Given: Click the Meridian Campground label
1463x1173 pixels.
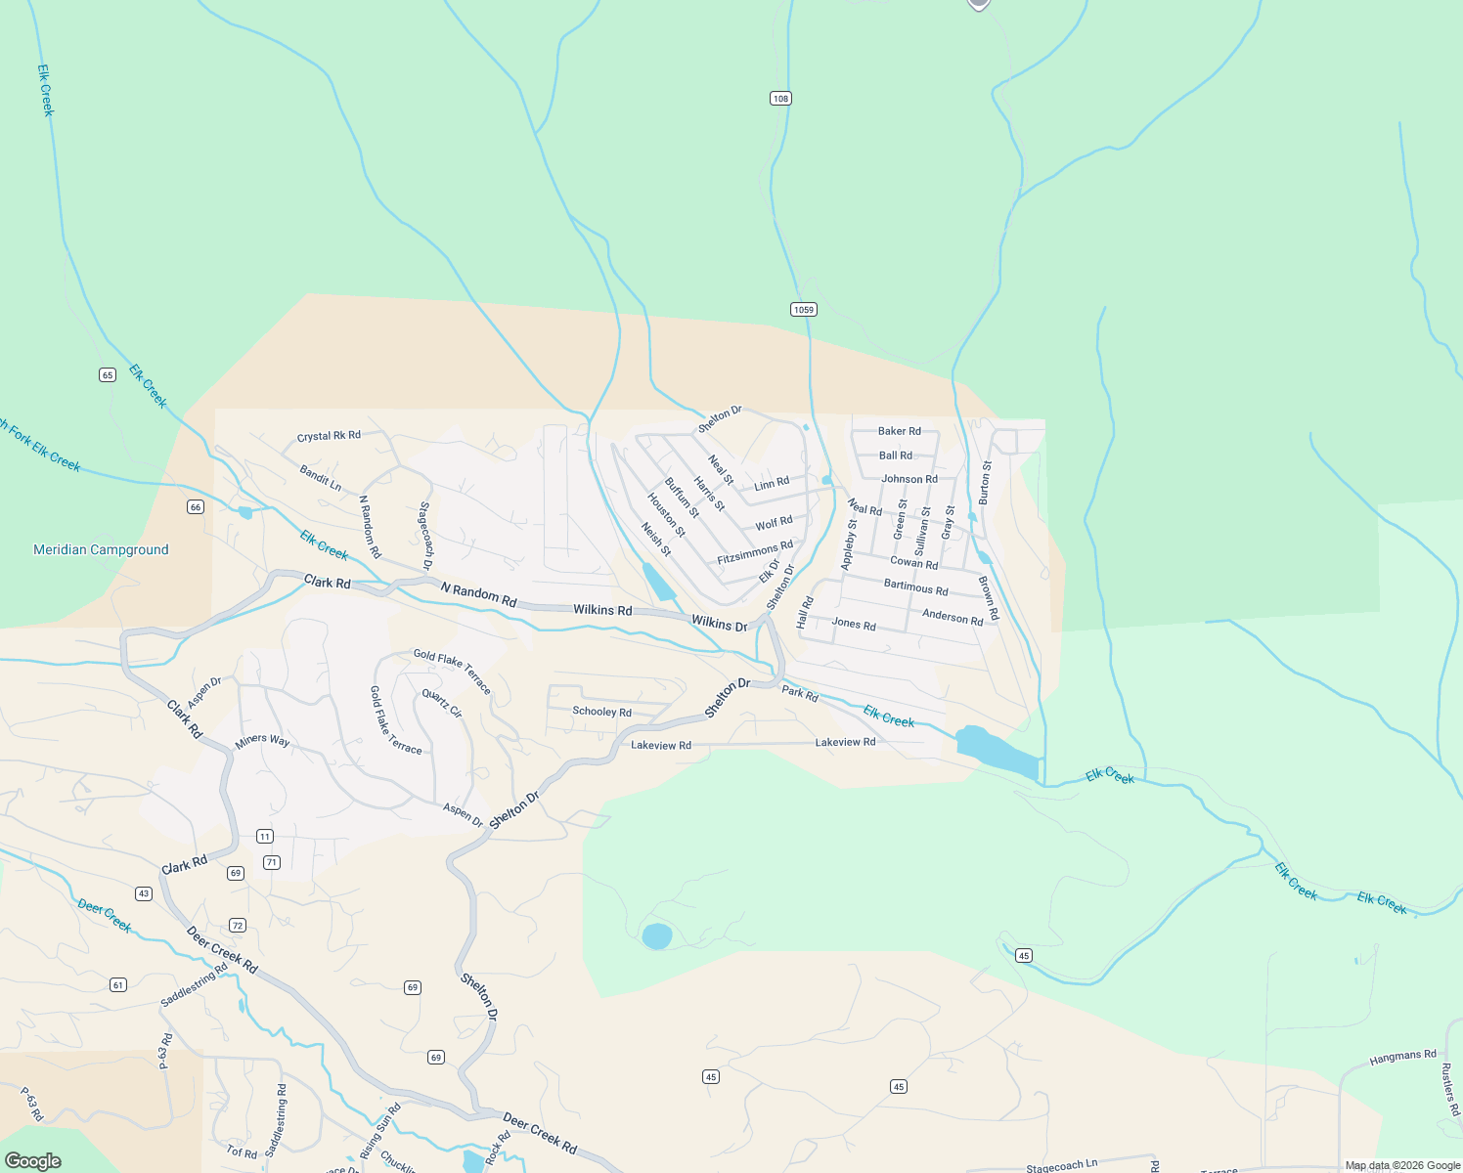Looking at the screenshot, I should coord(101,550).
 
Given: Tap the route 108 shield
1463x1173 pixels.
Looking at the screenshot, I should coord(779,99).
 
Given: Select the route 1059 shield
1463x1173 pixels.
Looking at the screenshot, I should coord(803,310).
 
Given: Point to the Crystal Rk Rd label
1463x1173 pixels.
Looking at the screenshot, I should coord(329,436).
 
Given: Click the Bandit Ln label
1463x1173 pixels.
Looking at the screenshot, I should coord(321,478).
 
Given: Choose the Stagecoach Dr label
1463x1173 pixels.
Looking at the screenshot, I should coord(425,536).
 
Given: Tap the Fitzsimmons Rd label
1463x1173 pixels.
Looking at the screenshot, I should coord(755,552).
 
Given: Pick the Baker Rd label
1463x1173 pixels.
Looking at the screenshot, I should coord(900,431).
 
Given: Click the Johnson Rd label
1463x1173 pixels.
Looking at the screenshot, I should coord(909,479).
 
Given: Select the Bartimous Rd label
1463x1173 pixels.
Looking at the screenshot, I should coord(915,587).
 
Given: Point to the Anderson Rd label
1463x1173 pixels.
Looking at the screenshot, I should coord(953,617).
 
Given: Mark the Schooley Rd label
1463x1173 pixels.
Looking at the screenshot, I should coord(601,712).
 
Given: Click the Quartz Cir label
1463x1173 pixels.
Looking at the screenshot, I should coord(442,703).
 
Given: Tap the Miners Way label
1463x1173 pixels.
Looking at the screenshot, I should coord(262,741).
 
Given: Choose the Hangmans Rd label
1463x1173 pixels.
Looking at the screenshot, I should coord(1402,1057).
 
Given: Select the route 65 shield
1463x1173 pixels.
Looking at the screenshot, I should coord(108,374).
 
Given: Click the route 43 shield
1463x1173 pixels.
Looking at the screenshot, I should coord(144,893).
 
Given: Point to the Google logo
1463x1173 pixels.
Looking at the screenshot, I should coord(32,1161).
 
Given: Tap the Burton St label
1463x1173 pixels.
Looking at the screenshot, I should coord(985,482).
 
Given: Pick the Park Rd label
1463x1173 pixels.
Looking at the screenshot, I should coord(799,693).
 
